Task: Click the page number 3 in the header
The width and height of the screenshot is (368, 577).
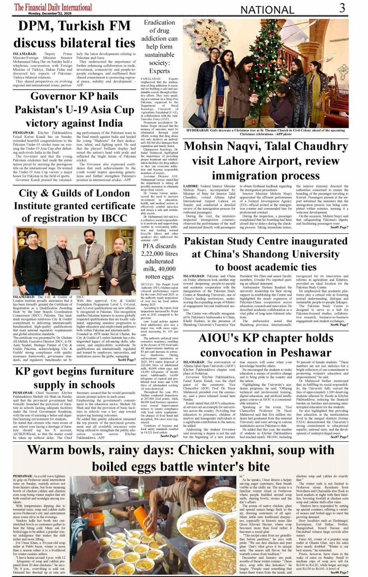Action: [x=342, y=8]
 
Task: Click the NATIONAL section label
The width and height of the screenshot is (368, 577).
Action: [x=267, y=10]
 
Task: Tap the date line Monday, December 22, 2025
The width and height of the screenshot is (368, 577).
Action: [x=50, y=14]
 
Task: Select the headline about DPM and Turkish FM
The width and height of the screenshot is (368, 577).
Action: [x=74, y=34]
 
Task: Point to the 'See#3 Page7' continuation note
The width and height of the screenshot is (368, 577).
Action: [x=127, y=360]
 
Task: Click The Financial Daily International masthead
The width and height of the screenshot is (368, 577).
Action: [x=53, y=7]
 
